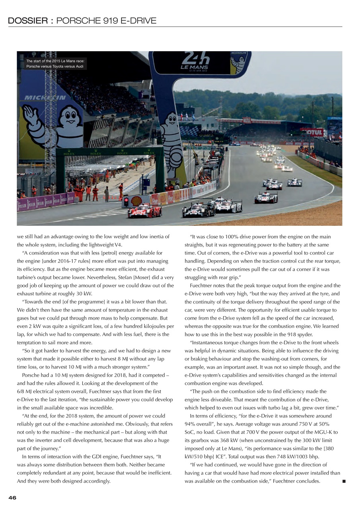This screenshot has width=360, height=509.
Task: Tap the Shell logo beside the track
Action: [x=136, y=201]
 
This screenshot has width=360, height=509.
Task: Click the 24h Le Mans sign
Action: [x=195, y=62]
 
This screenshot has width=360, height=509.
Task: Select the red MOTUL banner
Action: [x=313, y=132]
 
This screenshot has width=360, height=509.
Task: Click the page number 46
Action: [x=12, y=497]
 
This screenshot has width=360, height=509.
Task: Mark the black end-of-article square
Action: [x=344, y=481]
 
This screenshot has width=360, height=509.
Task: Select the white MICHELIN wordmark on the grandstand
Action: [x=45, y=97]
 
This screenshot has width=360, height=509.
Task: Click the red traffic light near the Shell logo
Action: [x=126, y=201]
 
